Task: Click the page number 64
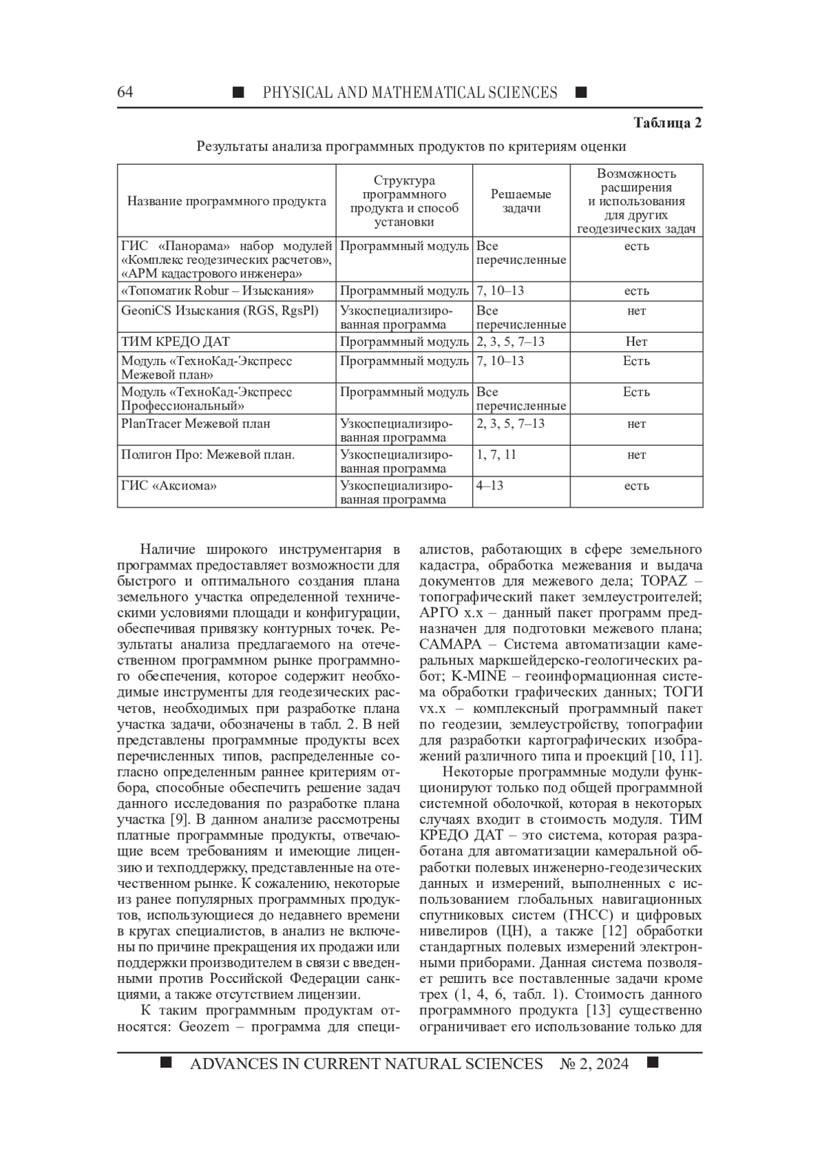(x=125, y=92)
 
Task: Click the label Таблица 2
(x=668, y=123)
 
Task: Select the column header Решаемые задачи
(x=521, y=201)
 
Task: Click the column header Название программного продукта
(x=226, y=201)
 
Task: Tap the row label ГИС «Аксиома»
(x=169, y=486)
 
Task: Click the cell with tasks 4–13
(x=490, y=486)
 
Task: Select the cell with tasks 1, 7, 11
(x=496, y=455)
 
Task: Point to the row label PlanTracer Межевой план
(x=195, y=424)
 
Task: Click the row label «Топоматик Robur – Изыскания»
(x=217, y=291)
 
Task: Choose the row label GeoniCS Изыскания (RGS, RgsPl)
(x=219, y=311)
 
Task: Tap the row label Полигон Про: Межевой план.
(x=208, y=455)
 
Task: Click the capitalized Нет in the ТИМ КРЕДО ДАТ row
(x=636, y=342)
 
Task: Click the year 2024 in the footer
(x=607, y=1064)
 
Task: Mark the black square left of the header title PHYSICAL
(x=238, y=92)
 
